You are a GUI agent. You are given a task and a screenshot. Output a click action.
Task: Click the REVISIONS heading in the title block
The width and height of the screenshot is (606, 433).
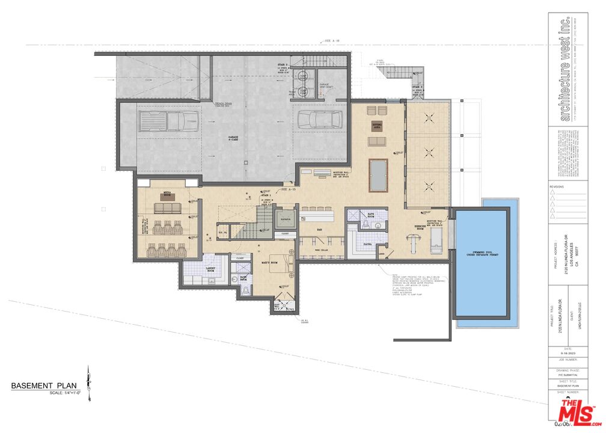coord(557,187)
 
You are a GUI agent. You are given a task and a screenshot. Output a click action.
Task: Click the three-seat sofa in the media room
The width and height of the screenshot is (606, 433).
coord(168,208)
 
